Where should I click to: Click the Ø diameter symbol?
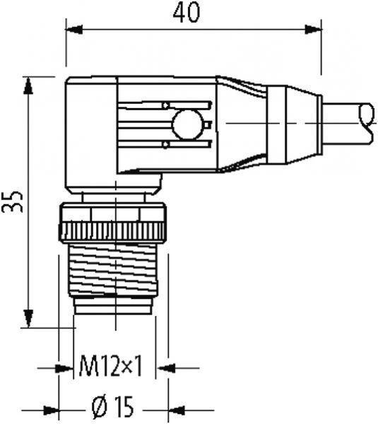100,409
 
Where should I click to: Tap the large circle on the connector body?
187,125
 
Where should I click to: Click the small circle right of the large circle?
208,125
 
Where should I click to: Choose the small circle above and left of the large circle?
166,106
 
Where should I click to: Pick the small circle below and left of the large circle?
166,145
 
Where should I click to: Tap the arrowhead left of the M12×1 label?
67,367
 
